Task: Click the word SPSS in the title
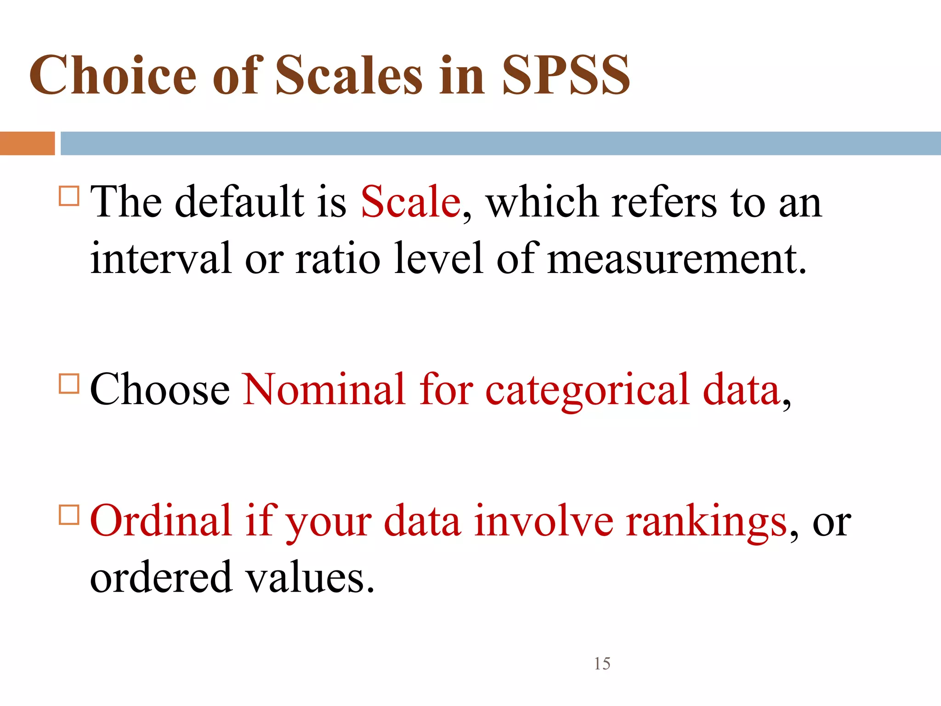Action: click(566, 75)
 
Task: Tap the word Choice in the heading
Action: click(113, 75)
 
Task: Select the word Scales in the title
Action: click(349, 75)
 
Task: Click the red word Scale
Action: click(410, 202)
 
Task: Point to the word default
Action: click(239, 202)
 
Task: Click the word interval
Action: click(160, 258)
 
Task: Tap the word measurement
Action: click(677, 258)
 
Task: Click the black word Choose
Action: click(160, 389)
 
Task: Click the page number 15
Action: click(602, 664)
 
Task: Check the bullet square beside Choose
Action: click(69, 383)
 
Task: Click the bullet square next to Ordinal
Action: click(69, 514)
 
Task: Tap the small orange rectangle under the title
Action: click(27, 143)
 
